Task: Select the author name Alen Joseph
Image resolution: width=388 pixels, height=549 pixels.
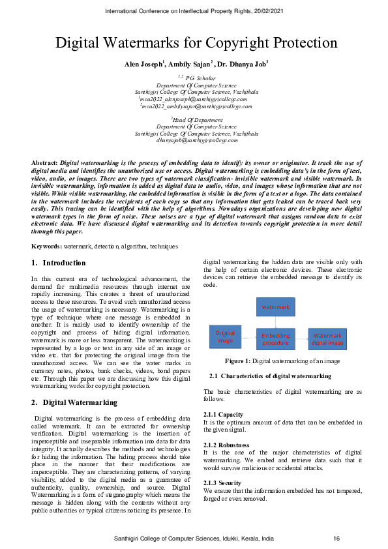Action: pos(144,64)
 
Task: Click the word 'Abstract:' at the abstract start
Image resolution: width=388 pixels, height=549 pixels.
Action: pos(45,161)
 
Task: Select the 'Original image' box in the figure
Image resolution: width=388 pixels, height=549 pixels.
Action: pos(225,336)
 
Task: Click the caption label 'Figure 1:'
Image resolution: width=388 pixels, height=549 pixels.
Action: pos(238,361)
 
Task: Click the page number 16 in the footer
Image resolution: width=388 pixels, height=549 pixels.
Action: pos(336,539)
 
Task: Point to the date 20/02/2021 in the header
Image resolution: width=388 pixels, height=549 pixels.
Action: pos(269,11)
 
